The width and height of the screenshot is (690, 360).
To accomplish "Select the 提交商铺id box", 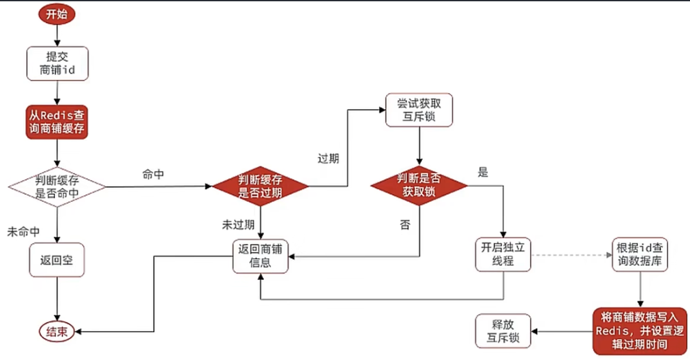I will point(57,63).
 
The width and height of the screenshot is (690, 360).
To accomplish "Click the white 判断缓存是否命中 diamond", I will point(57,186).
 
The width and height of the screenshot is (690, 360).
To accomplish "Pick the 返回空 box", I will point(57,261).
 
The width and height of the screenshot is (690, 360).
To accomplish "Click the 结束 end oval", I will point(56,332).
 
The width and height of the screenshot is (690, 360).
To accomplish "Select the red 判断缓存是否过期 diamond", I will point(260,186).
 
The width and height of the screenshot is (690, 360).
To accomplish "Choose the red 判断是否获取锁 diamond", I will point(419,186).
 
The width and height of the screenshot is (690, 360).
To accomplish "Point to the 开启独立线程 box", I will point(502,255).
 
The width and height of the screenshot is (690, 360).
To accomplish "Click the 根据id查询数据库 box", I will point(640,255).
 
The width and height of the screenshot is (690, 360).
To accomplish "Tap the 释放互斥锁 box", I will point(502,331).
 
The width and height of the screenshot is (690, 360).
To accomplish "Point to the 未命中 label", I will point(24,230).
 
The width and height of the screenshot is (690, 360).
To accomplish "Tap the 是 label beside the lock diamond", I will point(482,172).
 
